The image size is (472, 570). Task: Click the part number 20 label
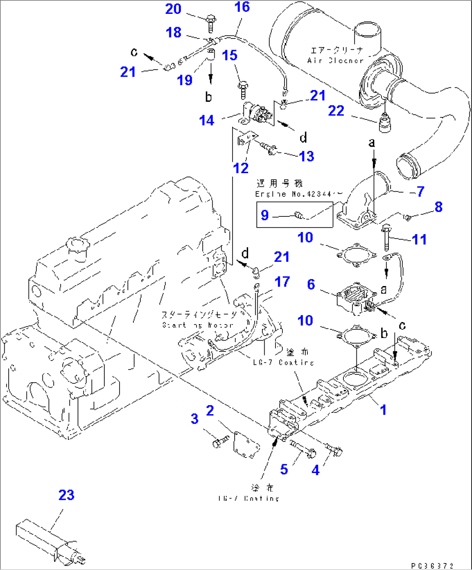173,9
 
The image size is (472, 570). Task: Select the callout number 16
242,7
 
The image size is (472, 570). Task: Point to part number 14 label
207,120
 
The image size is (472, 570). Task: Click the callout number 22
336,111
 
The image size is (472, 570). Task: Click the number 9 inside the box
265,215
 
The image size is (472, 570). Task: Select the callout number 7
420,191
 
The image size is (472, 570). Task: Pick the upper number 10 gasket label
305,238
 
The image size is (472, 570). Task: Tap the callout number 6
311,284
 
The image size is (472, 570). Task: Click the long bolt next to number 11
387,238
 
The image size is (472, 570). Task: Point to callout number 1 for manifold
383,409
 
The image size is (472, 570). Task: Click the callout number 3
194,419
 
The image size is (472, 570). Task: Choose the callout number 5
284,469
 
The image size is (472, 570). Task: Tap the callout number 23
66,495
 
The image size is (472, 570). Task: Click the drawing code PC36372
432,565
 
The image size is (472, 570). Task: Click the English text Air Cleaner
335,61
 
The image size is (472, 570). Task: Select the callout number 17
282,282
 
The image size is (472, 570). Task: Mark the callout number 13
306,156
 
